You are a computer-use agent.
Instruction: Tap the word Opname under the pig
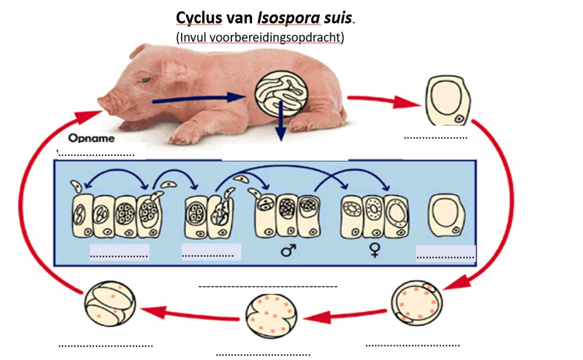point(91,139)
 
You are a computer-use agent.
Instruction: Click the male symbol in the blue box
point(288,251)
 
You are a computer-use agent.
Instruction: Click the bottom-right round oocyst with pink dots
point(415,301)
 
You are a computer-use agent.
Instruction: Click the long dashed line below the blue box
point(268,287)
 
